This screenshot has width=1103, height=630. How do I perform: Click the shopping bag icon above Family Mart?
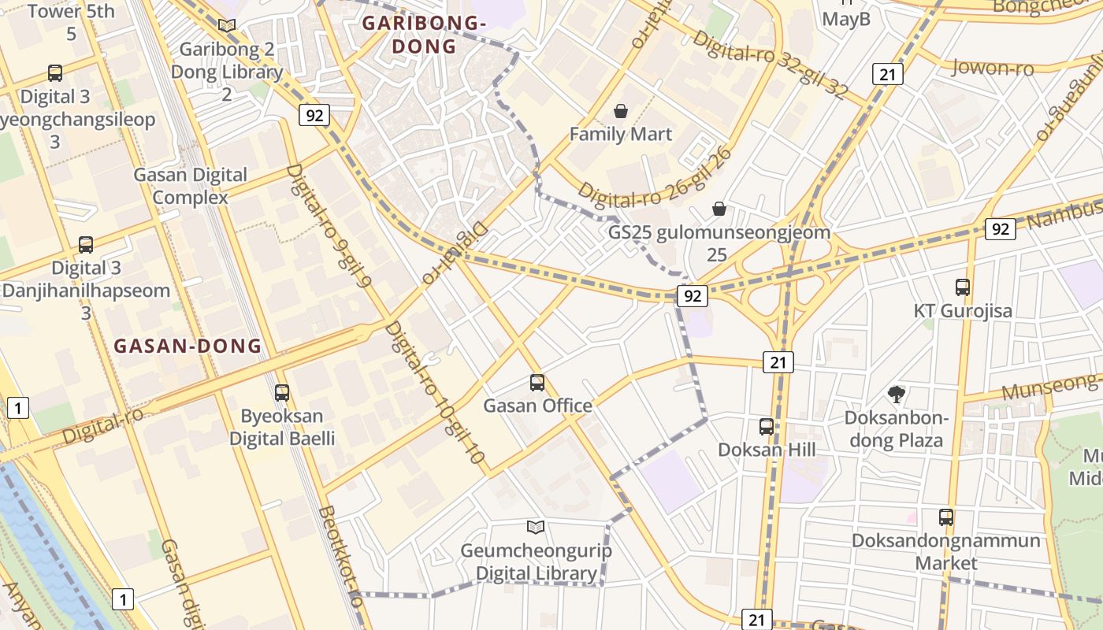pyautogui.click(x=621, y=111)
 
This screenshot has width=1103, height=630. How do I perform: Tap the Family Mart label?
pyautogui.click(x=621, y=134)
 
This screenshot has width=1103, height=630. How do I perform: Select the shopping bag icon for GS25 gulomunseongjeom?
pyautogui.click(x=719, y=209)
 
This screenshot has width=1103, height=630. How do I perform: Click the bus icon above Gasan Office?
pyautogui.click(x=537, y=383)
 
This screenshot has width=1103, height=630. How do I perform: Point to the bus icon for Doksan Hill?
pyautogui.click(x=767, y=427)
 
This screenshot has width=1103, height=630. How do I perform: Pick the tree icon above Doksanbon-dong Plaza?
pyautogui.click(x=896, y=394)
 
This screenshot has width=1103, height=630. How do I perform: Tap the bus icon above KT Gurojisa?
pyautogui.click(x=962, y=287)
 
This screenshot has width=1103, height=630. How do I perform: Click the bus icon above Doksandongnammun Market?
pyautogui.click(x=946, y=517)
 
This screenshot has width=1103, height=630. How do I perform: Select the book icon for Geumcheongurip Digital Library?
pyautogui.click(x=536, y=527)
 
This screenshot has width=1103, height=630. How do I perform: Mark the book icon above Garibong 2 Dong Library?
pyautogui.click(x=227, y=26)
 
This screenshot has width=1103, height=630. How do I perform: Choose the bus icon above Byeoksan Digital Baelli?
pyautogui.click(x=282, y=392)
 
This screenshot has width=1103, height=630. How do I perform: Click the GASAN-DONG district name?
pyautogui.click(x=188, y=346)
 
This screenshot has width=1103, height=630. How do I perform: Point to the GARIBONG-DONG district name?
pyautogui.click(x=424, y=35)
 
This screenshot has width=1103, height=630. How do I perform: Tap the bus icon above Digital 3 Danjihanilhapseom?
pyautogui.click(x=86, y=245)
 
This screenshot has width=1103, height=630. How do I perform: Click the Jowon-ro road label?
pyautogui.click(x=993, y=68)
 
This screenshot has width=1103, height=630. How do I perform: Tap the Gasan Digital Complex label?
pyautogui.click(x=191, y=186)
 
